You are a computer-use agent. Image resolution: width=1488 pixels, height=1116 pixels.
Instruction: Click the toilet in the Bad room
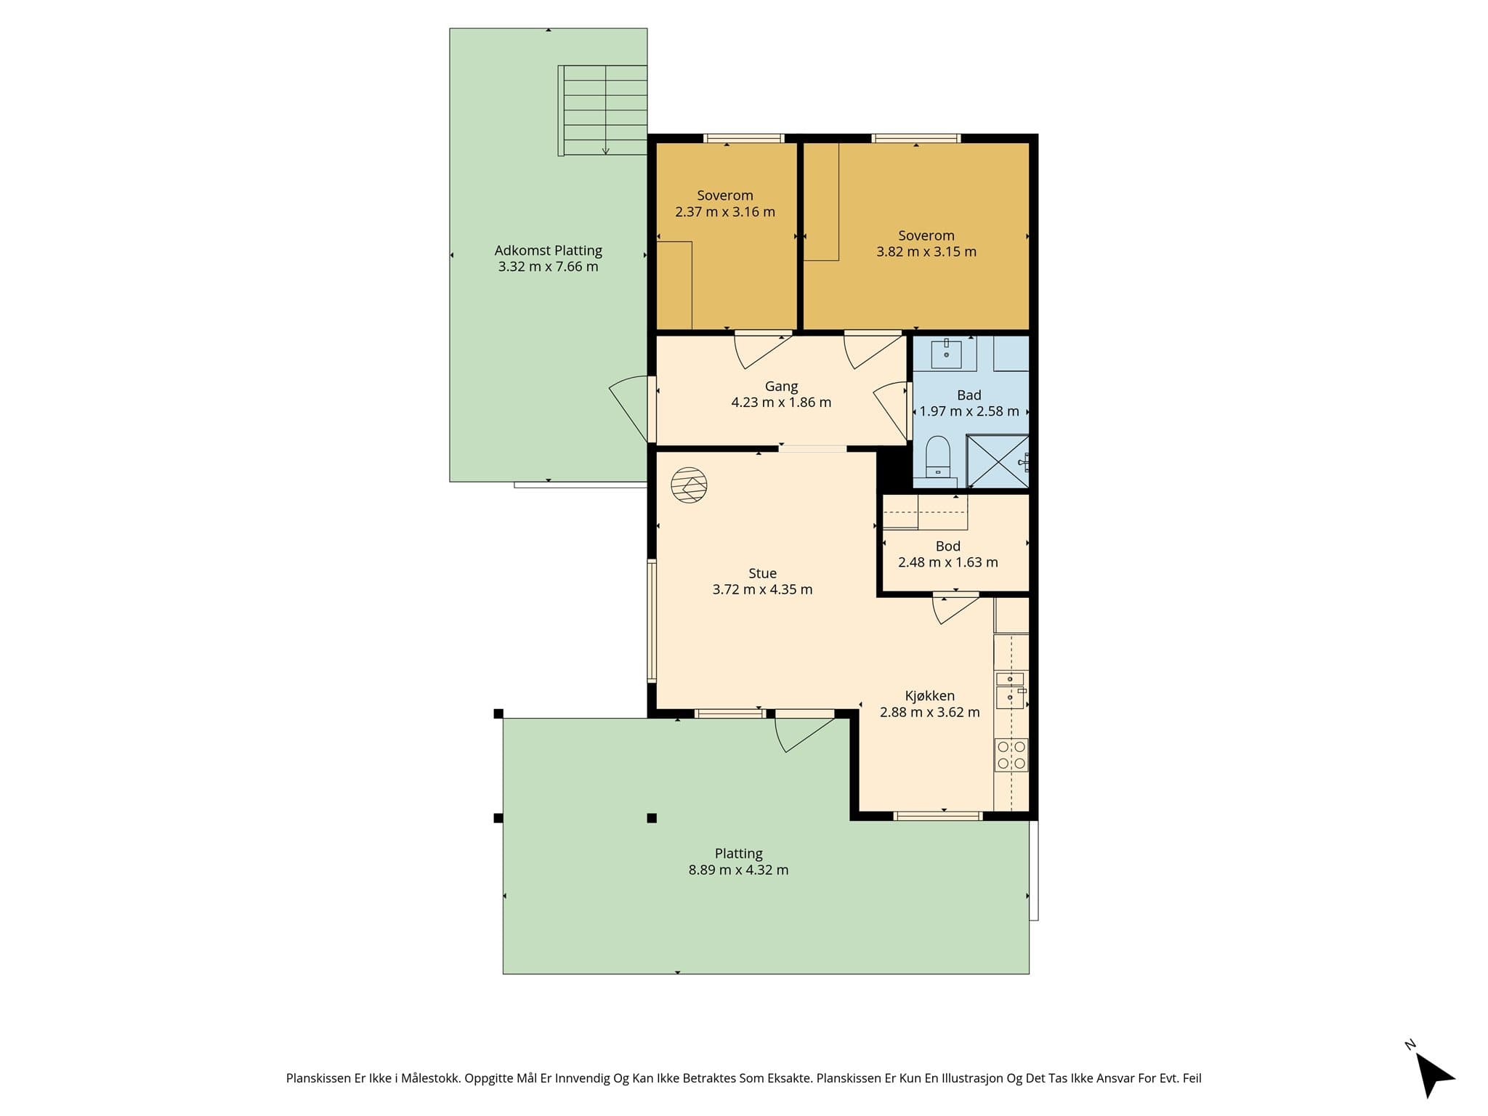point(938,456)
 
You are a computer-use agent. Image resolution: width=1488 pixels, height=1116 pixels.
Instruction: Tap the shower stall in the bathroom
point(998,461)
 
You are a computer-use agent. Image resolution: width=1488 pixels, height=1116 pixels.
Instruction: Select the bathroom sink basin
point(947,355)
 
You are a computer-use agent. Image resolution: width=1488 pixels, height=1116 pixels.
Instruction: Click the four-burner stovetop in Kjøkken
point(1011,755)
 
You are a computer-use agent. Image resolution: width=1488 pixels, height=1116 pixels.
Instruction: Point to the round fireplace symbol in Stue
point(689,485)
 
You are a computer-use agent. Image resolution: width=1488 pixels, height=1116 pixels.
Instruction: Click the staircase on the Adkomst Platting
point(602,110)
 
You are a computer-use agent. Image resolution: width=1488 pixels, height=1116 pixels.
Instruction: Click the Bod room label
point(947,546)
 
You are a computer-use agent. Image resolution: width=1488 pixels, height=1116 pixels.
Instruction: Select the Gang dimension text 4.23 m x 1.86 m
point(781,403)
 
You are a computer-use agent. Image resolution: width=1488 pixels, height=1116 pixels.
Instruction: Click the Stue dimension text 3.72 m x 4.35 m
point(762,589)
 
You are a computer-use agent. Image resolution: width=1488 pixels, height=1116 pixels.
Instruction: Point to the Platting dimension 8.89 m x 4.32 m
point(738,870)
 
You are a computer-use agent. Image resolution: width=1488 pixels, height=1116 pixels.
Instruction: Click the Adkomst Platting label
point(549,251)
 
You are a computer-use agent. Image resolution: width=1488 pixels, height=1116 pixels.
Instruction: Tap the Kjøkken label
point(930,696)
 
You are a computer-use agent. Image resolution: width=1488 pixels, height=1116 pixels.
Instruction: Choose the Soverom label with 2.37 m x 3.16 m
point(725,195)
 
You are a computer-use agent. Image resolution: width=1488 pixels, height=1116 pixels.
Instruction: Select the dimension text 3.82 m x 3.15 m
point(926,252)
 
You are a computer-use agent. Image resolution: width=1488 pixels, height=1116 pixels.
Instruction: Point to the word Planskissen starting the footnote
point(318,1079)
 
